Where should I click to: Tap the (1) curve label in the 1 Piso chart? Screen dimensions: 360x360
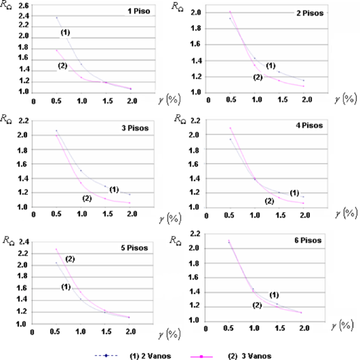[65, 32]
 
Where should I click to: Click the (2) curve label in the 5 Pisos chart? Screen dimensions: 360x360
[70, 260]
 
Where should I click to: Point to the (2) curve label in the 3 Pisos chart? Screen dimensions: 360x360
[87, 198]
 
